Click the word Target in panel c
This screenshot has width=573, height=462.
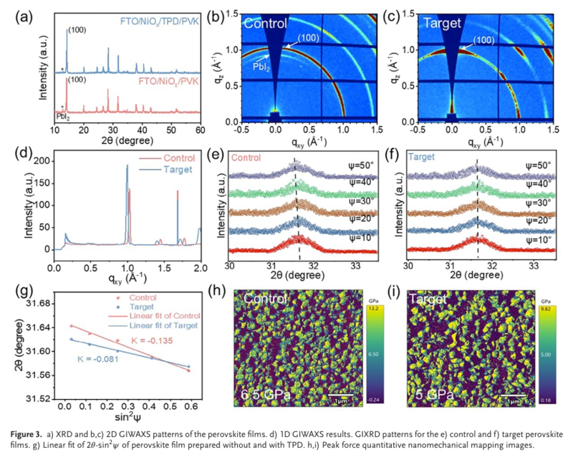coord(443,23)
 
